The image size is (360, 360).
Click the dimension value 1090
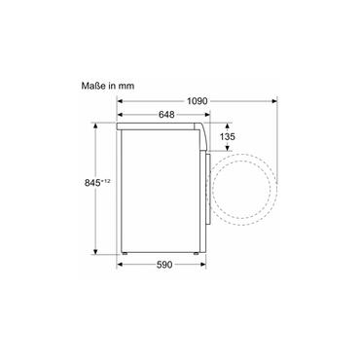[197, 101]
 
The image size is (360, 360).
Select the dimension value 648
[166, 115]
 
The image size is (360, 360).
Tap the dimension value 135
[228, 136]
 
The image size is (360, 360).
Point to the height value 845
[92, 183]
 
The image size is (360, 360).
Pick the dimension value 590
[164, 265]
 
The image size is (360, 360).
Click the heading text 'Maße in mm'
[108, 86]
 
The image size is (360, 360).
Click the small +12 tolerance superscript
[106, 181]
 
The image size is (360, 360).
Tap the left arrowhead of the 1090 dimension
[120, 101]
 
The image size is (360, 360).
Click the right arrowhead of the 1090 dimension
[274, 101]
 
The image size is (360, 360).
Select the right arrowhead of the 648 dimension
[207, 115]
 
